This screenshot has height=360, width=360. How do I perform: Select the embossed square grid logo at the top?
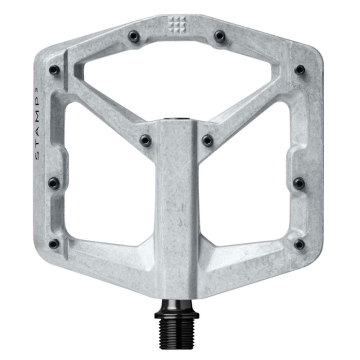click(x=176, y=22)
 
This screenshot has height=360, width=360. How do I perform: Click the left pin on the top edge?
click(x=133, y=36)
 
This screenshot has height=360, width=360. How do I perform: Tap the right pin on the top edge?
click(x=219, y=36)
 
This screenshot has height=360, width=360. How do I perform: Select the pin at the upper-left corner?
click(x=54, y=70)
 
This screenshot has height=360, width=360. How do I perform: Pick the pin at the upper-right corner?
click(x=299, y=70)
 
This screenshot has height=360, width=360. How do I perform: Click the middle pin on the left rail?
click(x=53, y=183)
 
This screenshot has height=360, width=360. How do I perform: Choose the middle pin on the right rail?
click(x=299, y=183)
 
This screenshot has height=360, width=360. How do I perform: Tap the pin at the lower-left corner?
click(x=54, y=244)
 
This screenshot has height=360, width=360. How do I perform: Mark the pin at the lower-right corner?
click(x=299, y=244)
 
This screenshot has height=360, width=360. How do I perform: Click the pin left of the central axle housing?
click(x=145, y=140)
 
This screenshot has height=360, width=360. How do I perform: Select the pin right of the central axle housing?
click(x=207, y=140)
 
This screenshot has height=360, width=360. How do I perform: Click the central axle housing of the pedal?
click(x=176, y=210)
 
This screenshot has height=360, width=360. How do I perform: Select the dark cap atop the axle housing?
click(x=176, y=120)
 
